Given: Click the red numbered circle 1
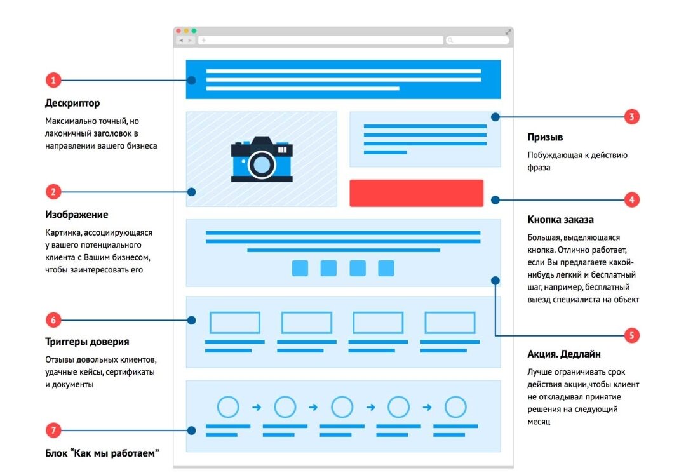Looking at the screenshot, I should [53, 80].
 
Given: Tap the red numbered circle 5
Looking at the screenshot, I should [631, 335].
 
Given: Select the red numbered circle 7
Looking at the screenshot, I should [53, 430].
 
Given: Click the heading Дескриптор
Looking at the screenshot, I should [72, 103].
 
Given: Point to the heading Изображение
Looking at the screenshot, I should [76, 215].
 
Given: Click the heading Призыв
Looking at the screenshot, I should [545, 137].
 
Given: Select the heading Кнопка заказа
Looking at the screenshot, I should [560, 220].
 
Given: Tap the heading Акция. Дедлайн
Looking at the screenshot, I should [564, 354].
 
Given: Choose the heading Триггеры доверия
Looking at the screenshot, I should [87, 342].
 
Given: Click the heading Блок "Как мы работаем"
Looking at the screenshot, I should [102, 453].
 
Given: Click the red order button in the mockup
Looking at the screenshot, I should [416, 193].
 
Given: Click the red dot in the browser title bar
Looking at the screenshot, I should [178, 30].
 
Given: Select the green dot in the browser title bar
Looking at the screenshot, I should [194, 30].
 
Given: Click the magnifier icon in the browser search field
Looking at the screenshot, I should [450, 40].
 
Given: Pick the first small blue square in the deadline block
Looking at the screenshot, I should [300, 268].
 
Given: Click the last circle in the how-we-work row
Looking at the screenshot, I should [455, 406].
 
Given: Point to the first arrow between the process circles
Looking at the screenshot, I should [257, 407].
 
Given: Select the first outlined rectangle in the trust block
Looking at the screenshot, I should [235, 323].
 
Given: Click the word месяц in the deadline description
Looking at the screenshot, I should [541, 422].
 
